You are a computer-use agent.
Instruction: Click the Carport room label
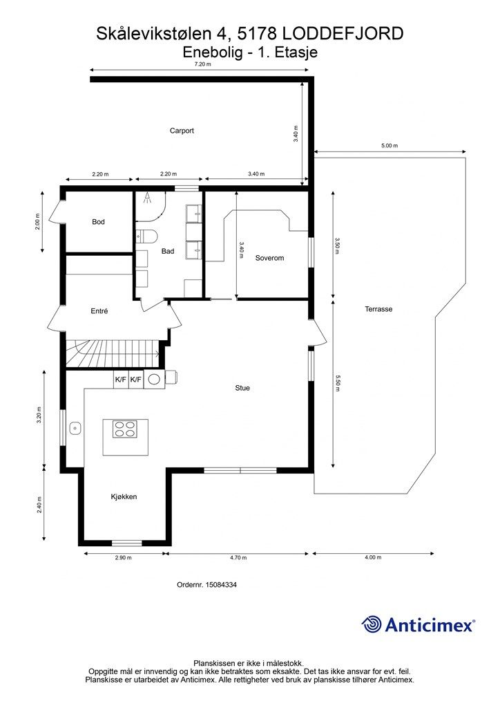pyautogui.click(x=182, y=131)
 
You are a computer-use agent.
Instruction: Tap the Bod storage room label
pyautogui.click(x=98, y=222)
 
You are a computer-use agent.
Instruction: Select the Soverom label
pyautogui.click(x=269, y=259)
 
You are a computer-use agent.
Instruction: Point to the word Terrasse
pyautogui.click(x=378, y=309)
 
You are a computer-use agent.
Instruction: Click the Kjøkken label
pyautogui.click(x=124, y=496)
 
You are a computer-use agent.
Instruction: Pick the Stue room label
pyautogui.click(x=242, y=388)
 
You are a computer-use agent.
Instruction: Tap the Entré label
pyautogui.click(x=99, y=311)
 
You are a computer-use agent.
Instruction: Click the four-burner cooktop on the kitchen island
pyautogui.click(x=126, y=429)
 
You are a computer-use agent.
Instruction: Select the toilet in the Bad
pyautogui.click(x=146, y=236)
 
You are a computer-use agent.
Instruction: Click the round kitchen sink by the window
pyautogui.click(x=75, y=427)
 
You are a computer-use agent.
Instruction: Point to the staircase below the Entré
pyautogui.click(x=113, y=353)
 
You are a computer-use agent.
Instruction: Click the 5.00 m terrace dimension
pyautogui.click(x=390, y=146)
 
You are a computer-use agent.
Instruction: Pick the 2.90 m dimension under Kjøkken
pyautogui.click(x=123, y=558)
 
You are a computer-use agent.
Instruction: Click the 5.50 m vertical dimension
pyautogui.click(x=337, y=384)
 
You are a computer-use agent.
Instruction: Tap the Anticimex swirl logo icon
pyautogui.click(x=372, y=624)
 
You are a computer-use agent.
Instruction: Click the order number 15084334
pyautogui.click(x=221, y=585)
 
